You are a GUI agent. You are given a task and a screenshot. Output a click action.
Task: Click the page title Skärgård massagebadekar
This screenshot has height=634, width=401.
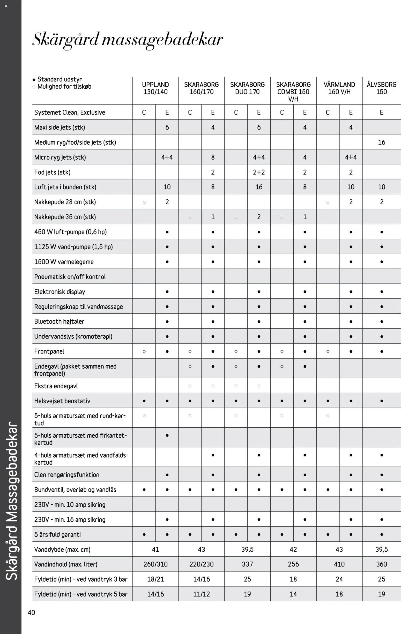(128, 40)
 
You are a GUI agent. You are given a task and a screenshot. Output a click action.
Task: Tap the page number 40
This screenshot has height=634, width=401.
(31, 613)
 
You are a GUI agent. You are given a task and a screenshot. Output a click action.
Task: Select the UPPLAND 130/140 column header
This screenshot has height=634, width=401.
(155, 88)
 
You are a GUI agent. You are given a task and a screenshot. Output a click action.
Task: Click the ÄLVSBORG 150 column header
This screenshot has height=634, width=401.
(381, 88)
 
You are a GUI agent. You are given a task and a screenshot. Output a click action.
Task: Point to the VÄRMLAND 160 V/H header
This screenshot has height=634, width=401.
(339, 88)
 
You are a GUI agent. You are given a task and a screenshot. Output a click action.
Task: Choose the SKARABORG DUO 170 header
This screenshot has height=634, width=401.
(247, 88)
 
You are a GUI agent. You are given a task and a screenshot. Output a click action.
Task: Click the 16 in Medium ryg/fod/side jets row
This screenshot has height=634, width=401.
(381, 142)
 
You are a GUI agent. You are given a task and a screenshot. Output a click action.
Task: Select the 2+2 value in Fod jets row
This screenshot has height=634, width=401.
(259, 172)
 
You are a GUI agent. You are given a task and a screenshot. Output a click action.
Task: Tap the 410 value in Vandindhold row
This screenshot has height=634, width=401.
(339, 564)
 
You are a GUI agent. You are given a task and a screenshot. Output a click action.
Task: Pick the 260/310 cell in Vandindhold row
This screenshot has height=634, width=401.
(155, 564)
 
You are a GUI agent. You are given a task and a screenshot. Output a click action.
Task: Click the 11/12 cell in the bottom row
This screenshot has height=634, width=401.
(201, 594)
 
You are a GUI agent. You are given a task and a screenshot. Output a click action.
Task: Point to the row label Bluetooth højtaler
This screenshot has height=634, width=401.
(59, 321)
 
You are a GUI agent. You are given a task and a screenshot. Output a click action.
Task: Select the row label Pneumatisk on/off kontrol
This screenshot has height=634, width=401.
(70, 277)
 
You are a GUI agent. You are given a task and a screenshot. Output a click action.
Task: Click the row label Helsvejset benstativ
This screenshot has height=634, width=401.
(62, 401)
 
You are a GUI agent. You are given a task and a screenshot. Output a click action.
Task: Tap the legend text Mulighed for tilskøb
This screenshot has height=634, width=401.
(64, 86)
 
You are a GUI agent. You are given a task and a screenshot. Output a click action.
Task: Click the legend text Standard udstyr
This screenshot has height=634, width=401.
(60, 79)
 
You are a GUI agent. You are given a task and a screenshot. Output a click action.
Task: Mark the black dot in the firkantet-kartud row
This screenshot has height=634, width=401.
(167, 435)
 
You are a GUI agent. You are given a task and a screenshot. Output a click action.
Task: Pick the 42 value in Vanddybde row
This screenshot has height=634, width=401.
(293, 549)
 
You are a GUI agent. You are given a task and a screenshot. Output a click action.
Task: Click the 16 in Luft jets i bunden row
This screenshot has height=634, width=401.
(259, 187)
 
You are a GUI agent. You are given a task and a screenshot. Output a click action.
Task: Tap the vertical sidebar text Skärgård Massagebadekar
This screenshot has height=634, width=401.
(11, 501)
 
